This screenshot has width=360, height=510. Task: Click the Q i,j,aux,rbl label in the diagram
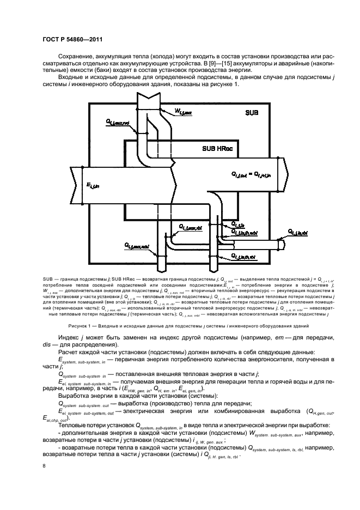click(x=186, y=226)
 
